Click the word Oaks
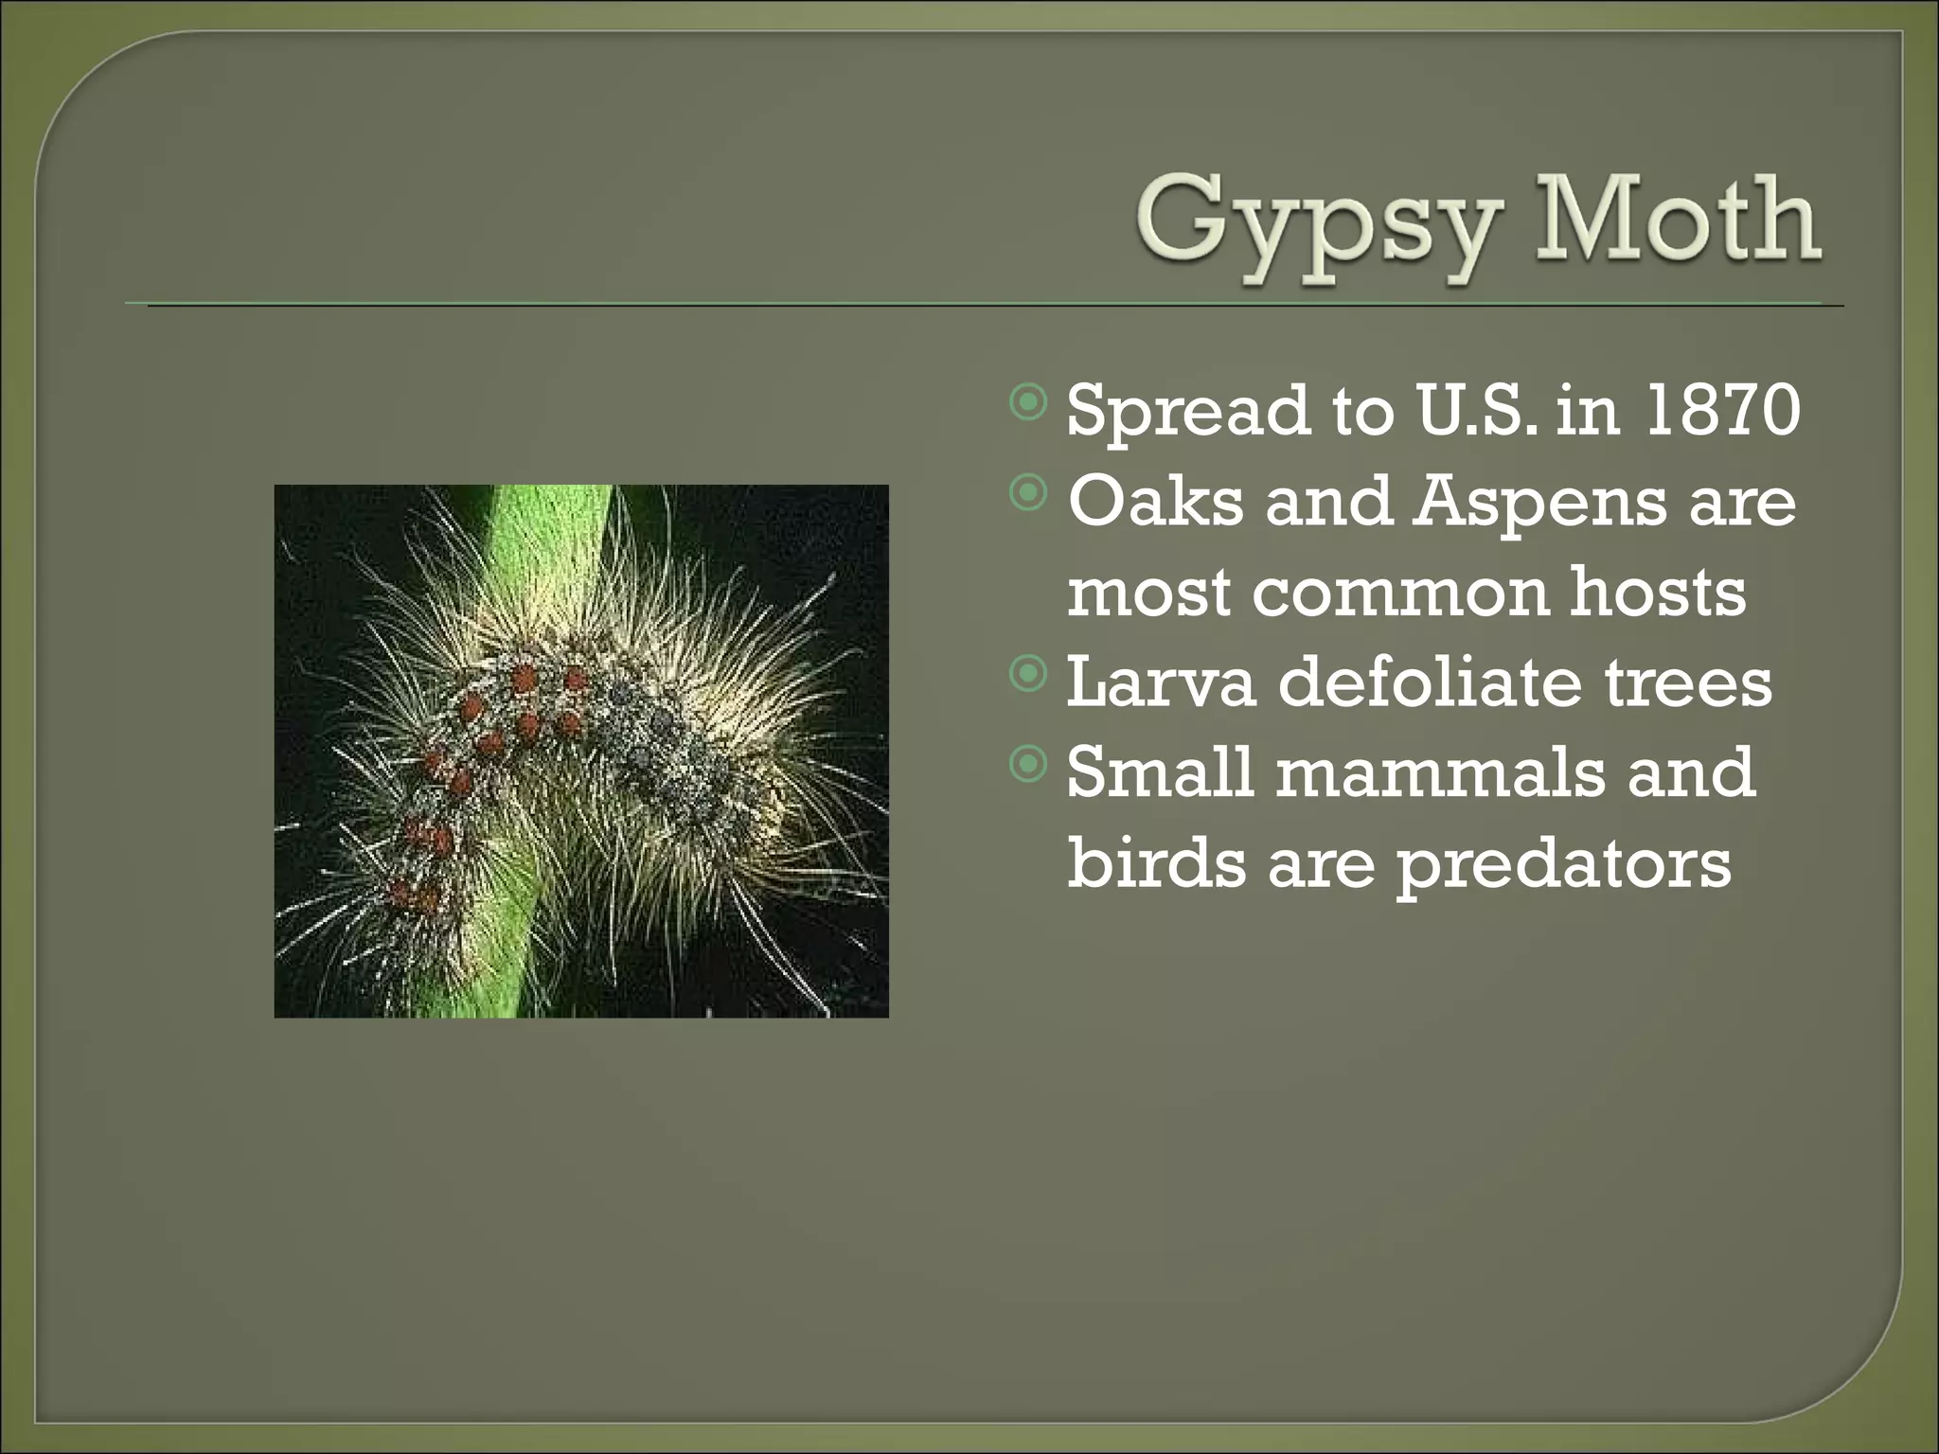point(1155,501)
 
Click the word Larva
point(1161,682)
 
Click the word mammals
point(1440,771)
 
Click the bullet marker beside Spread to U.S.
point(1028,403)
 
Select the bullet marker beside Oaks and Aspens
point(1028,493)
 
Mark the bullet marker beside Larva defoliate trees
point(1028,674)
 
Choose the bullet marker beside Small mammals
point(1028,764)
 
